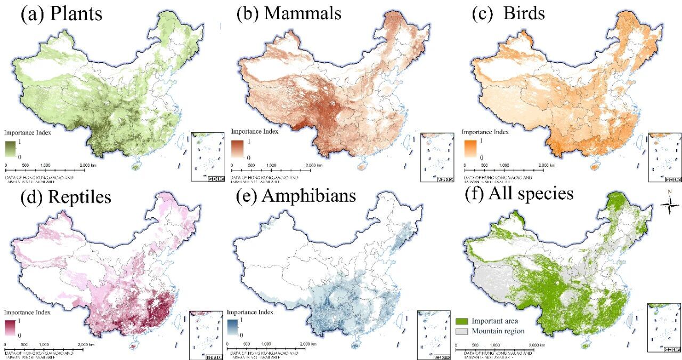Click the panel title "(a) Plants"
(x=61, y=14)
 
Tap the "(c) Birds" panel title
(x=509, y=14)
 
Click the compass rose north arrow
(x=669, y=204)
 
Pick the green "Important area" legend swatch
(x=462, y=321)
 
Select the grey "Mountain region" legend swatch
(x=462, y=331)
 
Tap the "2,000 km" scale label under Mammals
(x=313, y=166)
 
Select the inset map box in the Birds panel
(x=664, y=157)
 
